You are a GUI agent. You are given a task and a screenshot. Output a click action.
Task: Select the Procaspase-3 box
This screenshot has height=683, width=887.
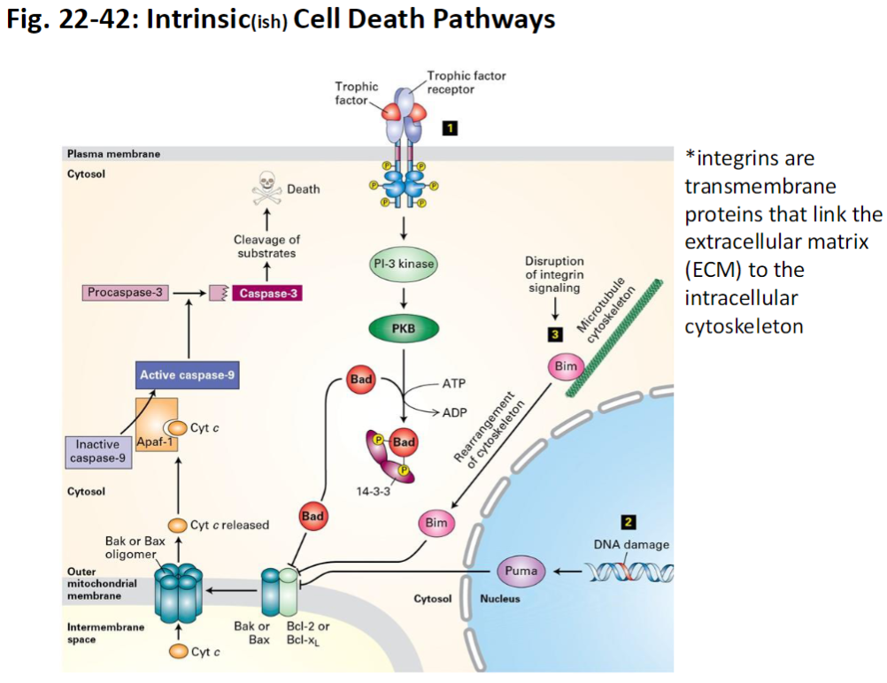(124, 291)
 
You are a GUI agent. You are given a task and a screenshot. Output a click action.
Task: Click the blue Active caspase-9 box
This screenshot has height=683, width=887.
(187, 376)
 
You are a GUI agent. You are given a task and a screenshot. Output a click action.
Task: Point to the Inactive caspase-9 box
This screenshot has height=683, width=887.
(97, 450)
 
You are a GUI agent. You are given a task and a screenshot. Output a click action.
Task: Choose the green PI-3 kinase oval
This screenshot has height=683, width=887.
(404, 264)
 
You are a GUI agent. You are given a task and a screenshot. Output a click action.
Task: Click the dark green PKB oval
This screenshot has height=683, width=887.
(403, 328)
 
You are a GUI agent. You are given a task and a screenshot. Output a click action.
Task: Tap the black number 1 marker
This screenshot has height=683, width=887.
(450, 128)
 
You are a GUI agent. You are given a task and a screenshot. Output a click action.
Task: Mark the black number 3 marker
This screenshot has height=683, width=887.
(555, 334)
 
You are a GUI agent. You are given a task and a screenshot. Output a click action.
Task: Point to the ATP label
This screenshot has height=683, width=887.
(452, 385)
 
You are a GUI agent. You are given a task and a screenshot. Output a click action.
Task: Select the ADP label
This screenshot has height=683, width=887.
(452, 412)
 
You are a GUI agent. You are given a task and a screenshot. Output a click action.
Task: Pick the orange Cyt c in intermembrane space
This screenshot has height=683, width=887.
(179, 652)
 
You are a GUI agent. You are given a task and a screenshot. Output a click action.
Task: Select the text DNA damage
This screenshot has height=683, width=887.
(631, 544)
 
